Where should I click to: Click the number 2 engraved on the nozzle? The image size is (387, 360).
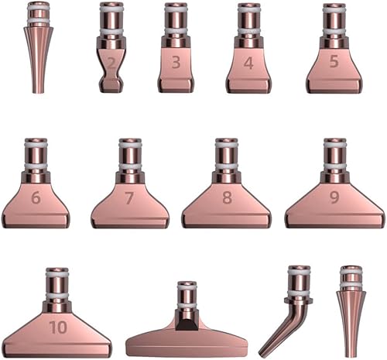111,63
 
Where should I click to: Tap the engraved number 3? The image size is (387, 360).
176,63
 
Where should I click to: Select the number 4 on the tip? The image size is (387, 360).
248,63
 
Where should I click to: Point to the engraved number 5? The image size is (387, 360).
334,62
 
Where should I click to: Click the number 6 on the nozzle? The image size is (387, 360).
36,198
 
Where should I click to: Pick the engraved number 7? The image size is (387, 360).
128,198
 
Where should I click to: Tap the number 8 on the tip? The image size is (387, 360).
227,197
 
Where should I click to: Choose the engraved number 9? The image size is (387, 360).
334,197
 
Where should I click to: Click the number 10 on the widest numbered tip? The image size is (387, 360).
59,327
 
